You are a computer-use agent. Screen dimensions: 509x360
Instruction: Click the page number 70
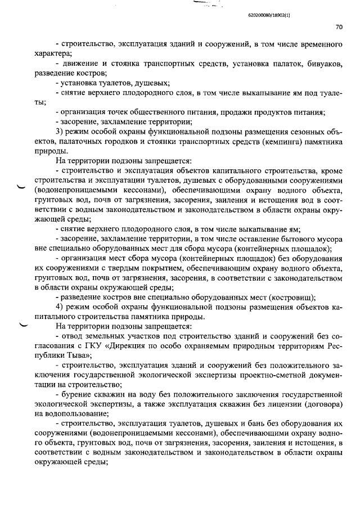(339, 26)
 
